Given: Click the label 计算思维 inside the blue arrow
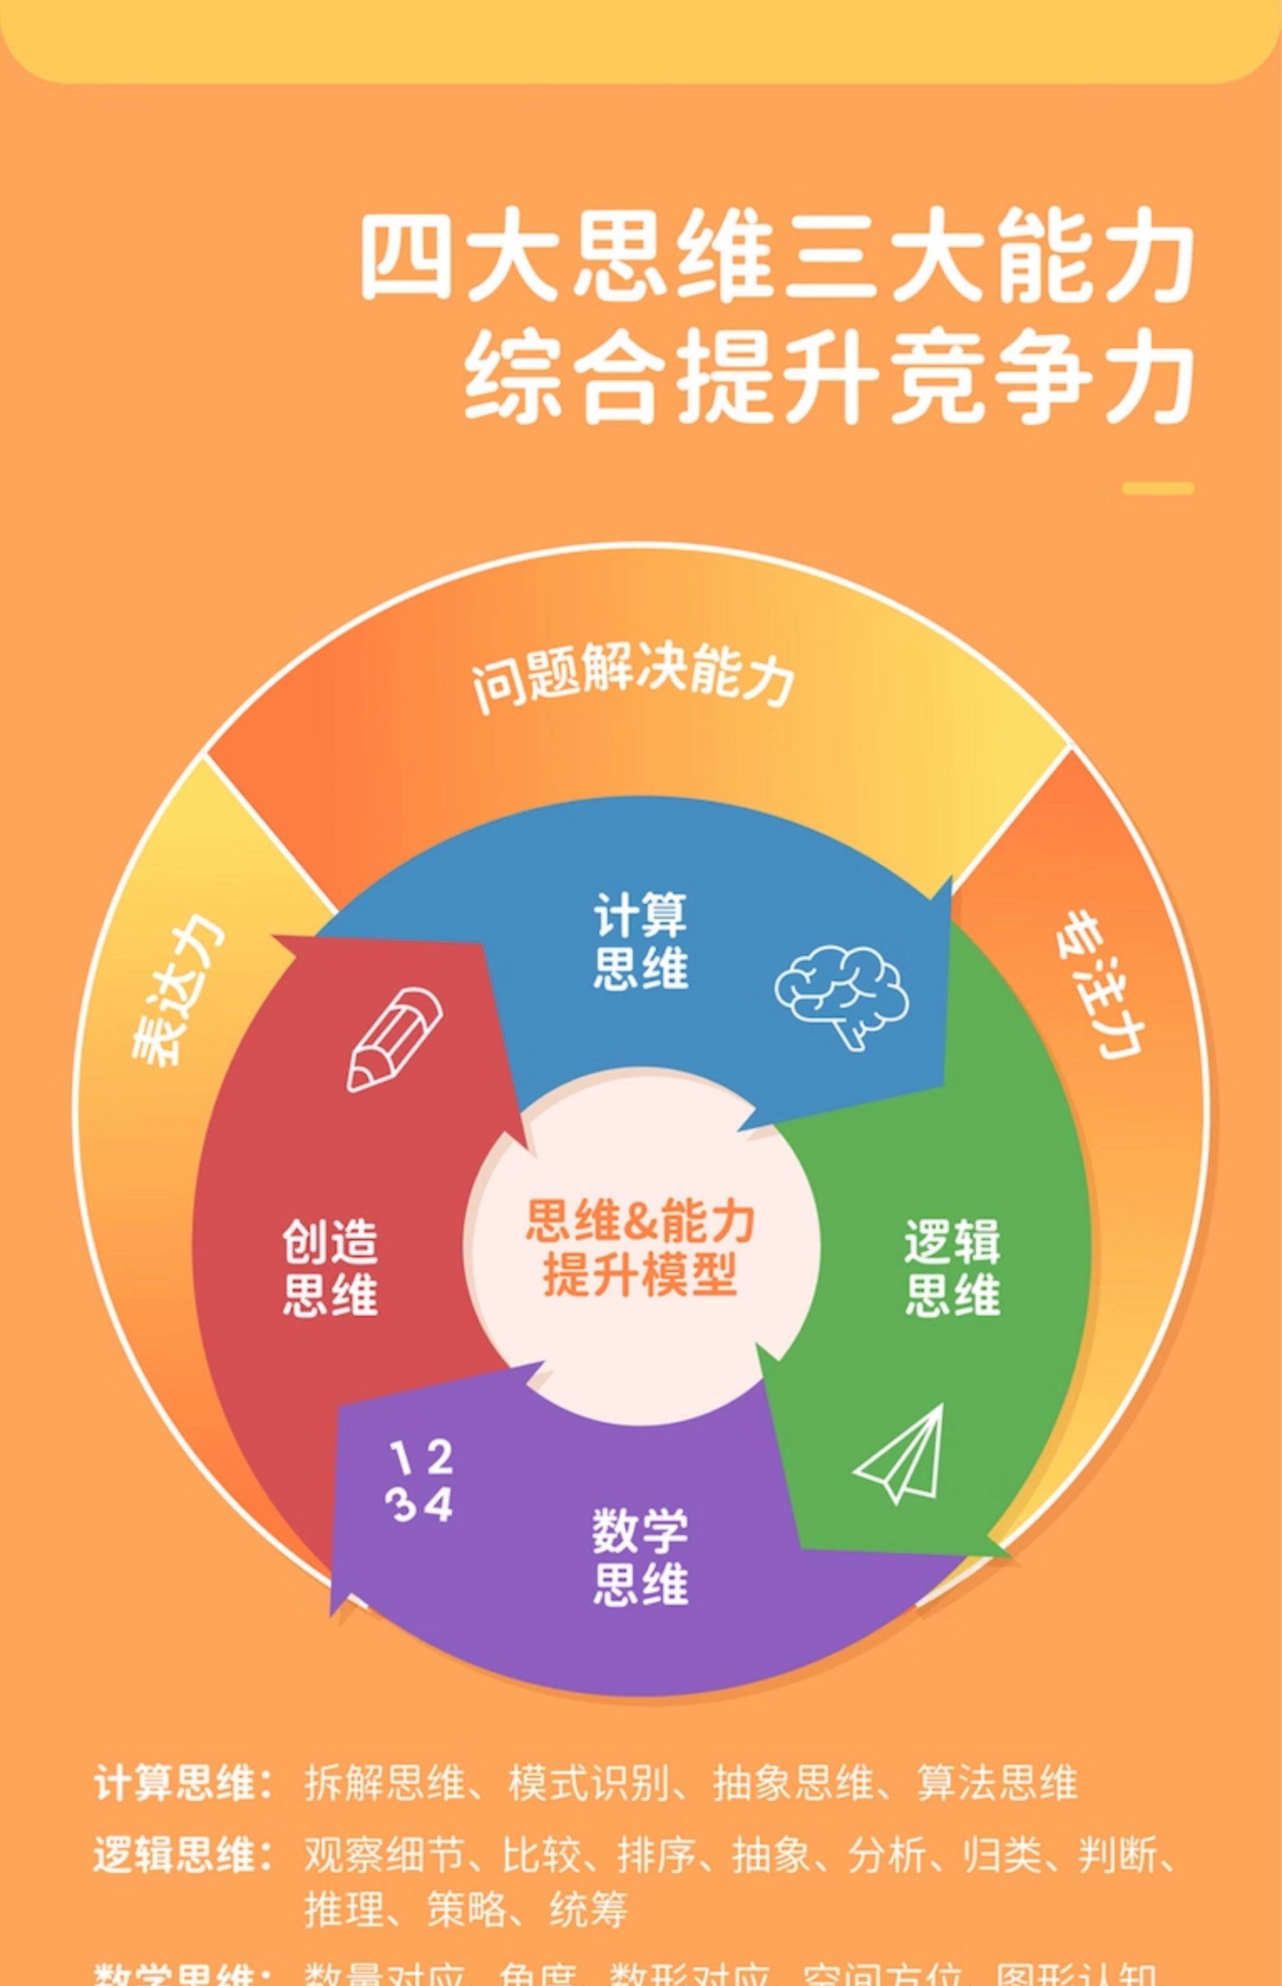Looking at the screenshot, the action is pyautogui.click(x=640, y=941).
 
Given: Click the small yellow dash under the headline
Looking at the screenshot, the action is pyautogui.click(x=1157, y=489).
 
